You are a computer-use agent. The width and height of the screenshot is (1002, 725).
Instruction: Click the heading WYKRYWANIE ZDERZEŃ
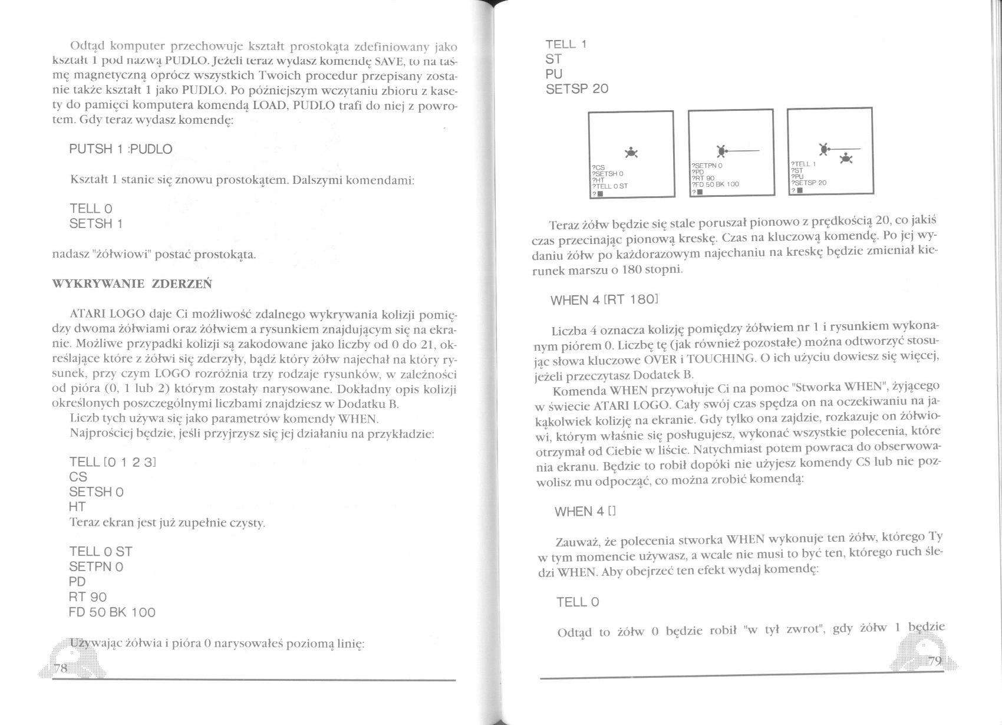[x=132, y=284]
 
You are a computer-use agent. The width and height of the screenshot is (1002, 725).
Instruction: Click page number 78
[x=60, y=667]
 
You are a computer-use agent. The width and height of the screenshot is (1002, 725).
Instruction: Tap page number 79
[x=935, y=661]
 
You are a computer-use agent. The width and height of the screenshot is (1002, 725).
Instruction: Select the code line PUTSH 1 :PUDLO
[x=120, y=149]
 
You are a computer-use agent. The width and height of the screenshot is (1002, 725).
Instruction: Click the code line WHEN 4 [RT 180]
[x=604, y=299]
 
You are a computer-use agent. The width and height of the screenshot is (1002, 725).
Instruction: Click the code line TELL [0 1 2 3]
[x=112, y=462]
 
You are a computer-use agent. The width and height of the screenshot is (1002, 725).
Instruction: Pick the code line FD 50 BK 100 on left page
[x=112, y=612]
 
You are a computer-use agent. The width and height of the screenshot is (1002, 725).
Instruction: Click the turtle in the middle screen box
[x=721, y=151]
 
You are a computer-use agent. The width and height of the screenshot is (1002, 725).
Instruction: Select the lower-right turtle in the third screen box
[x=848, y=157]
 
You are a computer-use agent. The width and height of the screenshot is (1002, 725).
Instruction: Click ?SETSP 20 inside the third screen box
[x=809, y=183]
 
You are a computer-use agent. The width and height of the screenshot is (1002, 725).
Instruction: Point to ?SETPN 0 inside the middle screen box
[x=707, y=167]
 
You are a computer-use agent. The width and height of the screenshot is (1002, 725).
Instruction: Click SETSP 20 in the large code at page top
[x=577, y=89]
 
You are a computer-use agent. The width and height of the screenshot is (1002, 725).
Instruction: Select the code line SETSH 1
[x=96, y=224]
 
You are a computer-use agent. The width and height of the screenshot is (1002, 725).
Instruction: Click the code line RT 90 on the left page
[x=88, y=597]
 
